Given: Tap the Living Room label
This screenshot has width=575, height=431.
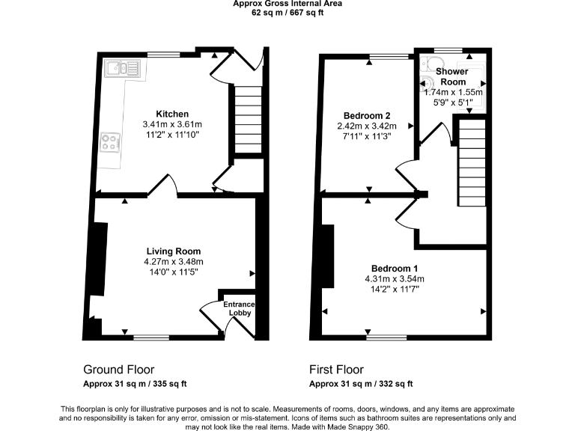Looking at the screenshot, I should coord(173,251).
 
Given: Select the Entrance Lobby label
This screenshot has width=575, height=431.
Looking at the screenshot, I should coord(239,308).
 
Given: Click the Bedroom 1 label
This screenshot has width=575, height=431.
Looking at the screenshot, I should coord(394,269).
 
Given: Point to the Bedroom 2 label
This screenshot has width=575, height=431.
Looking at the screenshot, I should coord(367,115).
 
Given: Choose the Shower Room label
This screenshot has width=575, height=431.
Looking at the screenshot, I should coord(452,76).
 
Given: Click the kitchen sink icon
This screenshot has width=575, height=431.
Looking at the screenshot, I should coord(123,70).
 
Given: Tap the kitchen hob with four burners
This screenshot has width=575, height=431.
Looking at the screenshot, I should coord(111,142).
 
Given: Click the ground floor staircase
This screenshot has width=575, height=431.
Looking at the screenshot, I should coord(246,120).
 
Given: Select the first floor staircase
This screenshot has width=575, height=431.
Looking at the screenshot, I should coord(472,165).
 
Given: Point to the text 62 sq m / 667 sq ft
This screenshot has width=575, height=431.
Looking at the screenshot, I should coord(287,11).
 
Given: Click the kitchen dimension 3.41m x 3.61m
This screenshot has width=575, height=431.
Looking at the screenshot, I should coord(172,124).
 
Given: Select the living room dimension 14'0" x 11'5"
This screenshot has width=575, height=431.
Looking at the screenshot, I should coord(173,272).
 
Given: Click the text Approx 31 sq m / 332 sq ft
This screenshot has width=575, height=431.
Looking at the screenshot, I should coord(361,384).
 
